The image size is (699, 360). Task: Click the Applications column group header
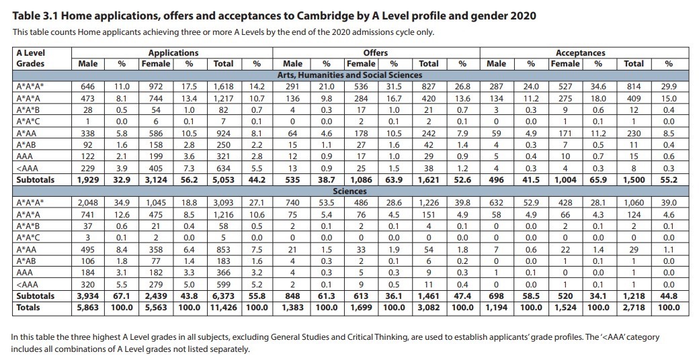pos(173,52)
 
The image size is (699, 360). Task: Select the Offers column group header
pos(375,52)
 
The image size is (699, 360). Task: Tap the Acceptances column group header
pos(580,52)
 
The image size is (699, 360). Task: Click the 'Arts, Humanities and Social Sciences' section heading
pos(349,75)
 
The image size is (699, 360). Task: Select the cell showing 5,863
pos(88,308)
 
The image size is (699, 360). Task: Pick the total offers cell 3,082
pos(428,308)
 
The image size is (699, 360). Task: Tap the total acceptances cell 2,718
pos(633,308)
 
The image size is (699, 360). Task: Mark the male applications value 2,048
pos(88,203)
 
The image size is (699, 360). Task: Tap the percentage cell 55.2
pos(668,180)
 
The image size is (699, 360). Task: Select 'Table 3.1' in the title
pos(35,15)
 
